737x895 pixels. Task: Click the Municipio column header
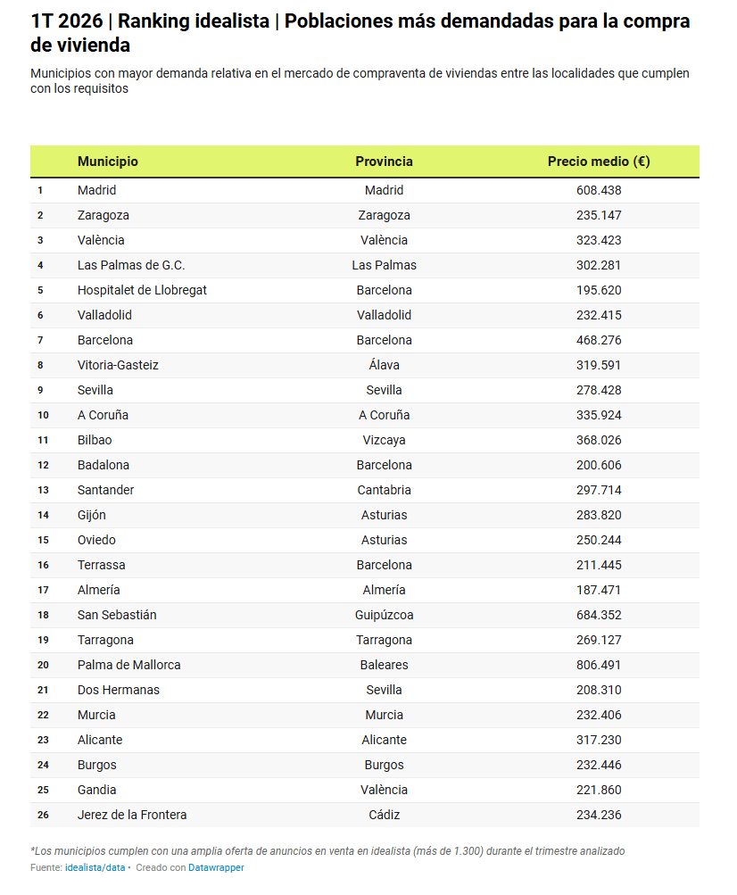click(x=108, y=162)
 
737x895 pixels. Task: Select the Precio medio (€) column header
click(x=598, y=162)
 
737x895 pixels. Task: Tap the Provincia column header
click(x=384, y=162)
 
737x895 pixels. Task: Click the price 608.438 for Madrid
click(x=598, y=190)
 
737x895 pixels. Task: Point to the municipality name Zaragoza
click(x=104, y=215)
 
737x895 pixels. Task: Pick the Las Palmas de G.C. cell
click(x=131, y=265)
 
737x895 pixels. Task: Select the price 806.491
click(x=598, y=665)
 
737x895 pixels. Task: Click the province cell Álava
click(x=384, y=365)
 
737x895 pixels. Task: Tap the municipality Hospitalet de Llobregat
click(x=142, y=290)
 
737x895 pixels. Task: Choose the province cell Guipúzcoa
click(x=384, y=615)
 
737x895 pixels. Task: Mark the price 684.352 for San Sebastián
click(x=598, y=615)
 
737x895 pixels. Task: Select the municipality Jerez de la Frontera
click(x=132, y=815)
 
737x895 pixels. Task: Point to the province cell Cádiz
click(x=384, y=815)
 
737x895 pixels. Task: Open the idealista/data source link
click(x=95, y=867)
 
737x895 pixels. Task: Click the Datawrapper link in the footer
click(x=216, y=867)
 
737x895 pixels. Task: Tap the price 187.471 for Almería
click(x=598, y=590)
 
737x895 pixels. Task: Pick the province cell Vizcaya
click(x=384, y=440)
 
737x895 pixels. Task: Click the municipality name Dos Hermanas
click(x=119, y=690)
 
